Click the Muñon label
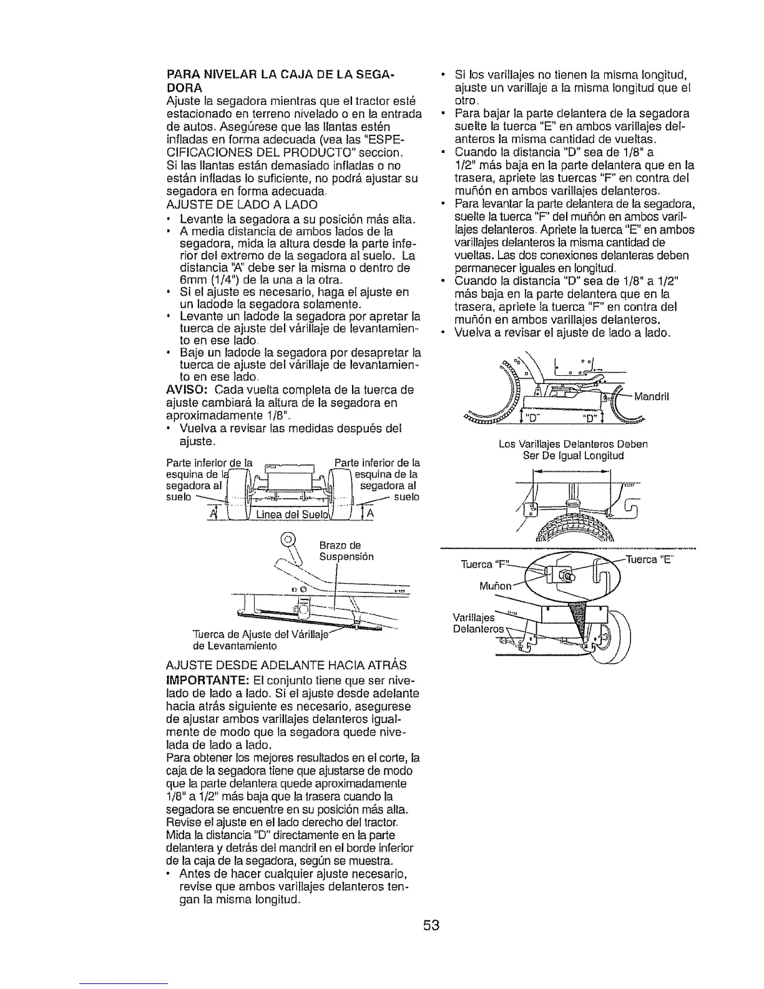pos(497,587)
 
